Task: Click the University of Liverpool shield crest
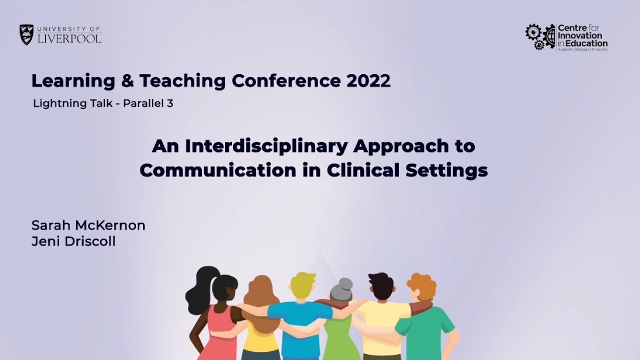(x=26, y=34)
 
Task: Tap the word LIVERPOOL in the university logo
(x=69, y=39)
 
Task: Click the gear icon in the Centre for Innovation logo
(x=533, y=32)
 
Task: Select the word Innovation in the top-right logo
(x=580, y=36)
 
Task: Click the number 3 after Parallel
(x=170, y=104)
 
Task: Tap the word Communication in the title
(x=217, y=170)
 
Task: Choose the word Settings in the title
(x=446, y=170)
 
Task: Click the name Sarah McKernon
(x=88, y=225)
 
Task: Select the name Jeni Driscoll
(x=73, y=241)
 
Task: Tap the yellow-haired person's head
(x=303, y=286)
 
